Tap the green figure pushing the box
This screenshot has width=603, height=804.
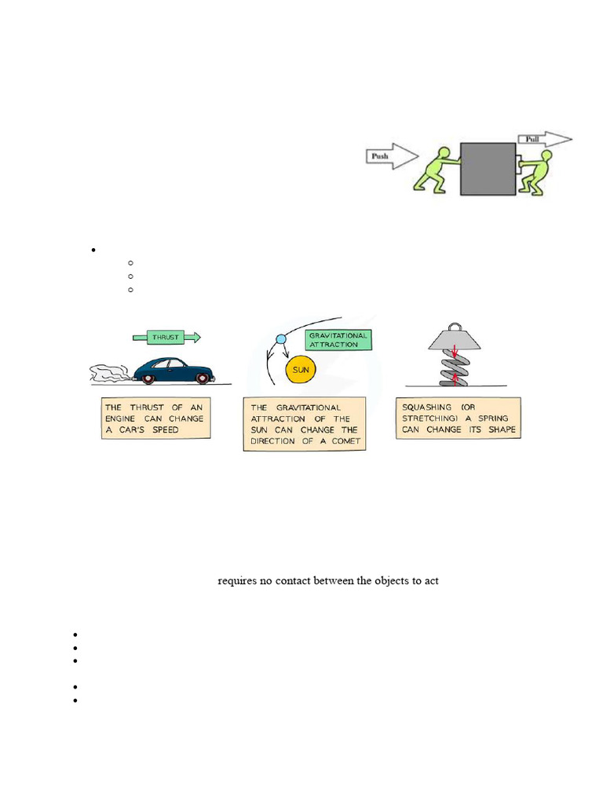[433, 167]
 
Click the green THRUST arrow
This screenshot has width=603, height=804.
[166, 337]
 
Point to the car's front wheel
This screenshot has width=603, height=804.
[203, 378]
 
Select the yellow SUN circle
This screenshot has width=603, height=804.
[301, 368]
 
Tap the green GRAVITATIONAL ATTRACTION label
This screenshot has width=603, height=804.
[337, 339]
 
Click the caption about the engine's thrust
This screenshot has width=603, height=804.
[156, 418]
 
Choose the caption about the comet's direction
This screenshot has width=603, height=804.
[305, 424]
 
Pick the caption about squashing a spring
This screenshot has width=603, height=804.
[459, 418]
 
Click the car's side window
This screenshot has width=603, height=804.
[175, 365]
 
